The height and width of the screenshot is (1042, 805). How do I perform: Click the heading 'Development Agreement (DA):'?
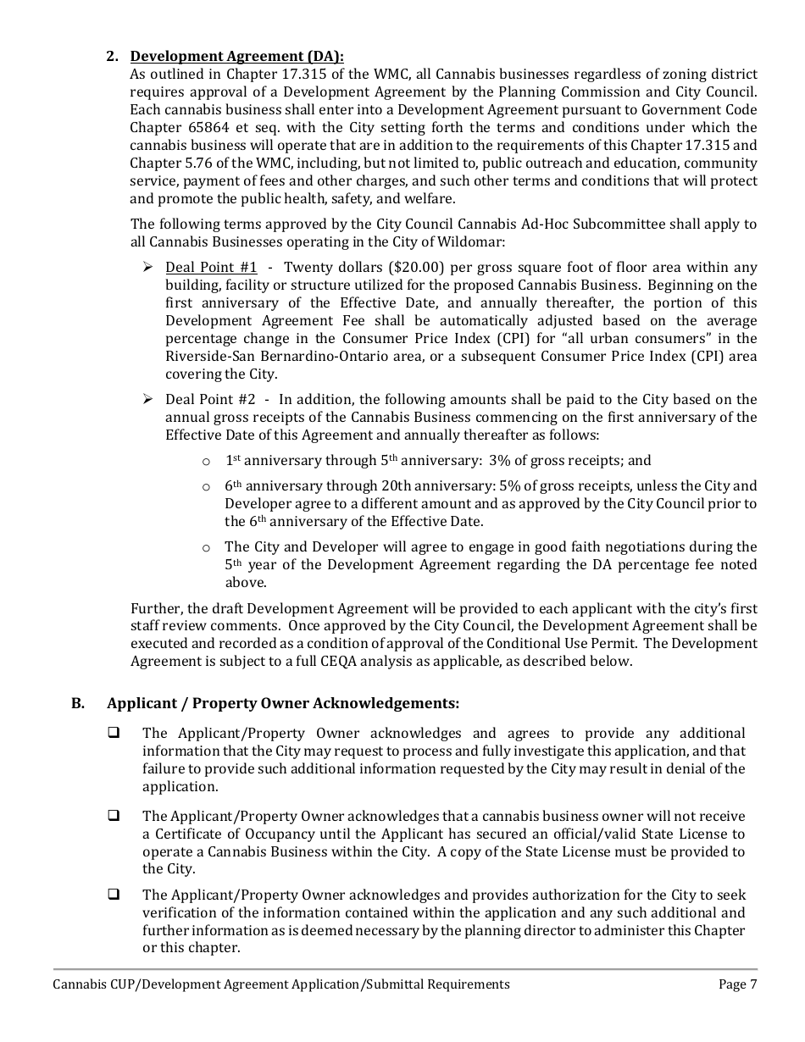point(236,57)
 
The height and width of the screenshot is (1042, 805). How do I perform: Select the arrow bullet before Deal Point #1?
point(147,268)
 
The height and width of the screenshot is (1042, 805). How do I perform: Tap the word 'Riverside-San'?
point(211,357)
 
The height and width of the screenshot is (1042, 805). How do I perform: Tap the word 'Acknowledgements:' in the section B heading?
point(386,703)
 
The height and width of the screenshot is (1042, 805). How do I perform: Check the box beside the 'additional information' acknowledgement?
point(112,733)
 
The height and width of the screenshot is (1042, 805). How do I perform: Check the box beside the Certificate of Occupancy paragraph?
point(112,816)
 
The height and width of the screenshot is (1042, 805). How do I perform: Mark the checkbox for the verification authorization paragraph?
point(112,895)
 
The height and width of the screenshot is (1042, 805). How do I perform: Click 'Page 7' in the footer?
point(732,984)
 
